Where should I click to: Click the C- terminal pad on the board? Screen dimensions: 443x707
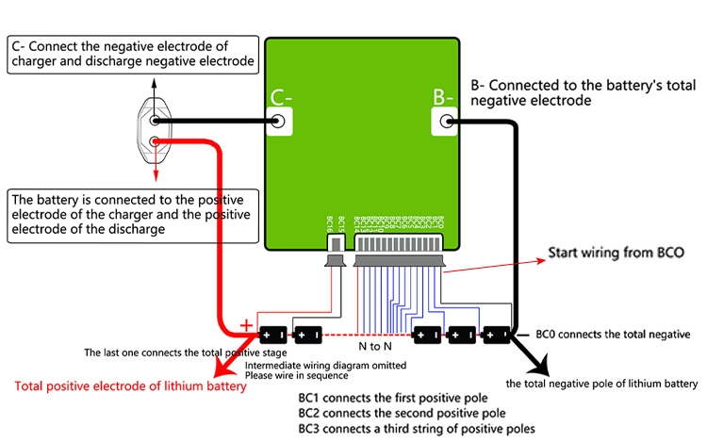pyautogui.click(x=279, y=121)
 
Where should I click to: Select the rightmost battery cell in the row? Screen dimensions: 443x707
pyautogui.click(x=495, y=335)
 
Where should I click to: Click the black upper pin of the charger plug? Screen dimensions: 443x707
pyautogui.click(x=155, y=121)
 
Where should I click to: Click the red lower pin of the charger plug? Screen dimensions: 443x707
pyautogui.click(x=155, y=143)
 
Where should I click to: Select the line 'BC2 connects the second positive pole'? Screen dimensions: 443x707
pyautogui.click(x=403, y=413)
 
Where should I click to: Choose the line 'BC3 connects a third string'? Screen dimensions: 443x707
pyautogui.click(x=416, y=428)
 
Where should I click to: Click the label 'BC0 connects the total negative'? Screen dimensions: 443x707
pyautogui.click(x=613, y=335)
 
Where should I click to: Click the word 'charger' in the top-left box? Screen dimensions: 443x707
pyautogui.click(x=34, y=62)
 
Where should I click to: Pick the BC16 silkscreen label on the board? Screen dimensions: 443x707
pyautogui.click(x=329, y=222)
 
